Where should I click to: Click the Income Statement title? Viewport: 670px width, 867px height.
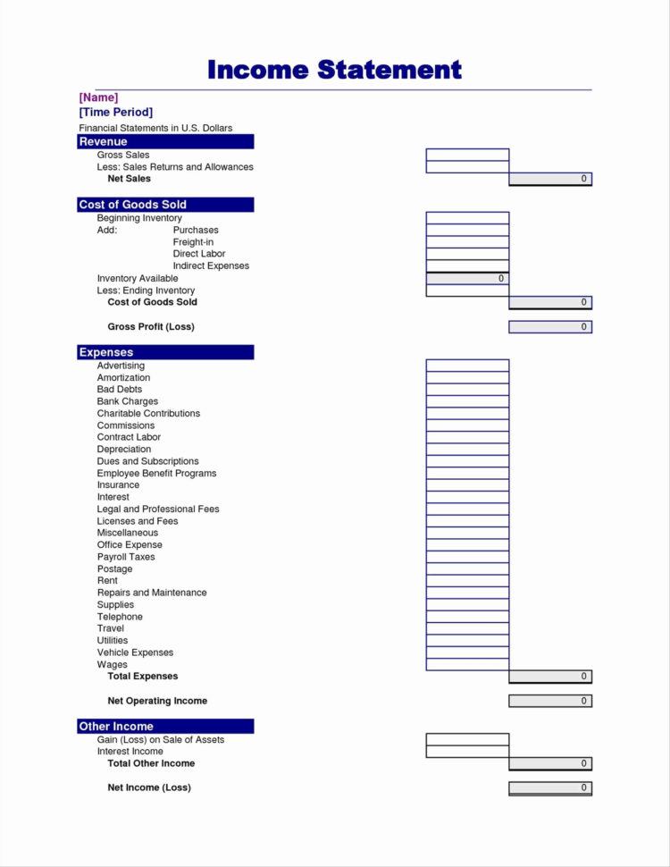click(x=334, y=70)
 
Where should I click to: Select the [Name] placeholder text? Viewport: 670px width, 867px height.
click(x=98, y=97)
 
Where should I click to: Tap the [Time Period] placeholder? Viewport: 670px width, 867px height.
click(x=115, y=112)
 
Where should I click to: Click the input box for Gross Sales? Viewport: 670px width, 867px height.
click(x=467, y=155)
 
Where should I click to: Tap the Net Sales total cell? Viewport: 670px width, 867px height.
click(x=550, y=179)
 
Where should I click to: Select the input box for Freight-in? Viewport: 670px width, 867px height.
click(x=467, y=242)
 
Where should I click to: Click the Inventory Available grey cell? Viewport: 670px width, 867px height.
click(x=467, y=278)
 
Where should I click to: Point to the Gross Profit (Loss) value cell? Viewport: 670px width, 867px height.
click(x=550, y=327)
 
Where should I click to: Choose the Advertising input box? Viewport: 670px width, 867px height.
click(x=467, y=366)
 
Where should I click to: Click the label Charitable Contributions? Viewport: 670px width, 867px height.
click(x=148, y=414)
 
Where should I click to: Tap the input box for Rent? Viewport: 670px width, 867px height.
click(x=467, y=581)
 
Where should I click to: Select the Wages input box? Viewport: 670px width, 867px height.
click(x=467, y=664)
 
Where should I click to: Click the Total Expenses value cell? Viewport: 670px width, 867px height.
click(x=550, y=677)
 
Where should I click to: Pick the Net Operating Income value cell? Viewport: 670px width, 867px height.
click(x=550, y=701)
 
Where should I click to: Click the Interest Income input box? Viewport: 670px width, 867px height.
click(x=467, y=752)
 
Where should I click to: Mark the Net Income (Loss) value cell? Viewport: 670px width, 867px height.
click(x=550, y=787)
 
